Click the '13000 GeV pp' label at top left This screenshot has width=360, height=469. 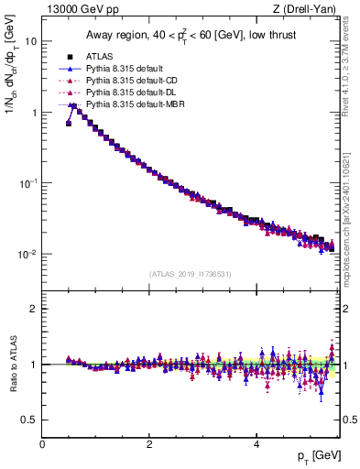point(75,9)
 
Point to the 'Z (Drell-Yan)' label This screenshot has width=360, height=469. point(308,9)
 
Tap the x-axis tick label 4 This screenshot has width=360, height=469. point(256,443)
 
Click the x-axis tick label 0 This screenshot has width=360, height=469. point(42,443)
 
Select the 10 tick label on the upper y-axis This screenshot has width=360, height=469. point(30,41)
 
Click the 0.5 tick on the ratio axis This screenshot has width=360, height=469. point(28,420)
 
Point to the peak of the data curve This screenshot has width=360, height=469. point(73,105)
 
